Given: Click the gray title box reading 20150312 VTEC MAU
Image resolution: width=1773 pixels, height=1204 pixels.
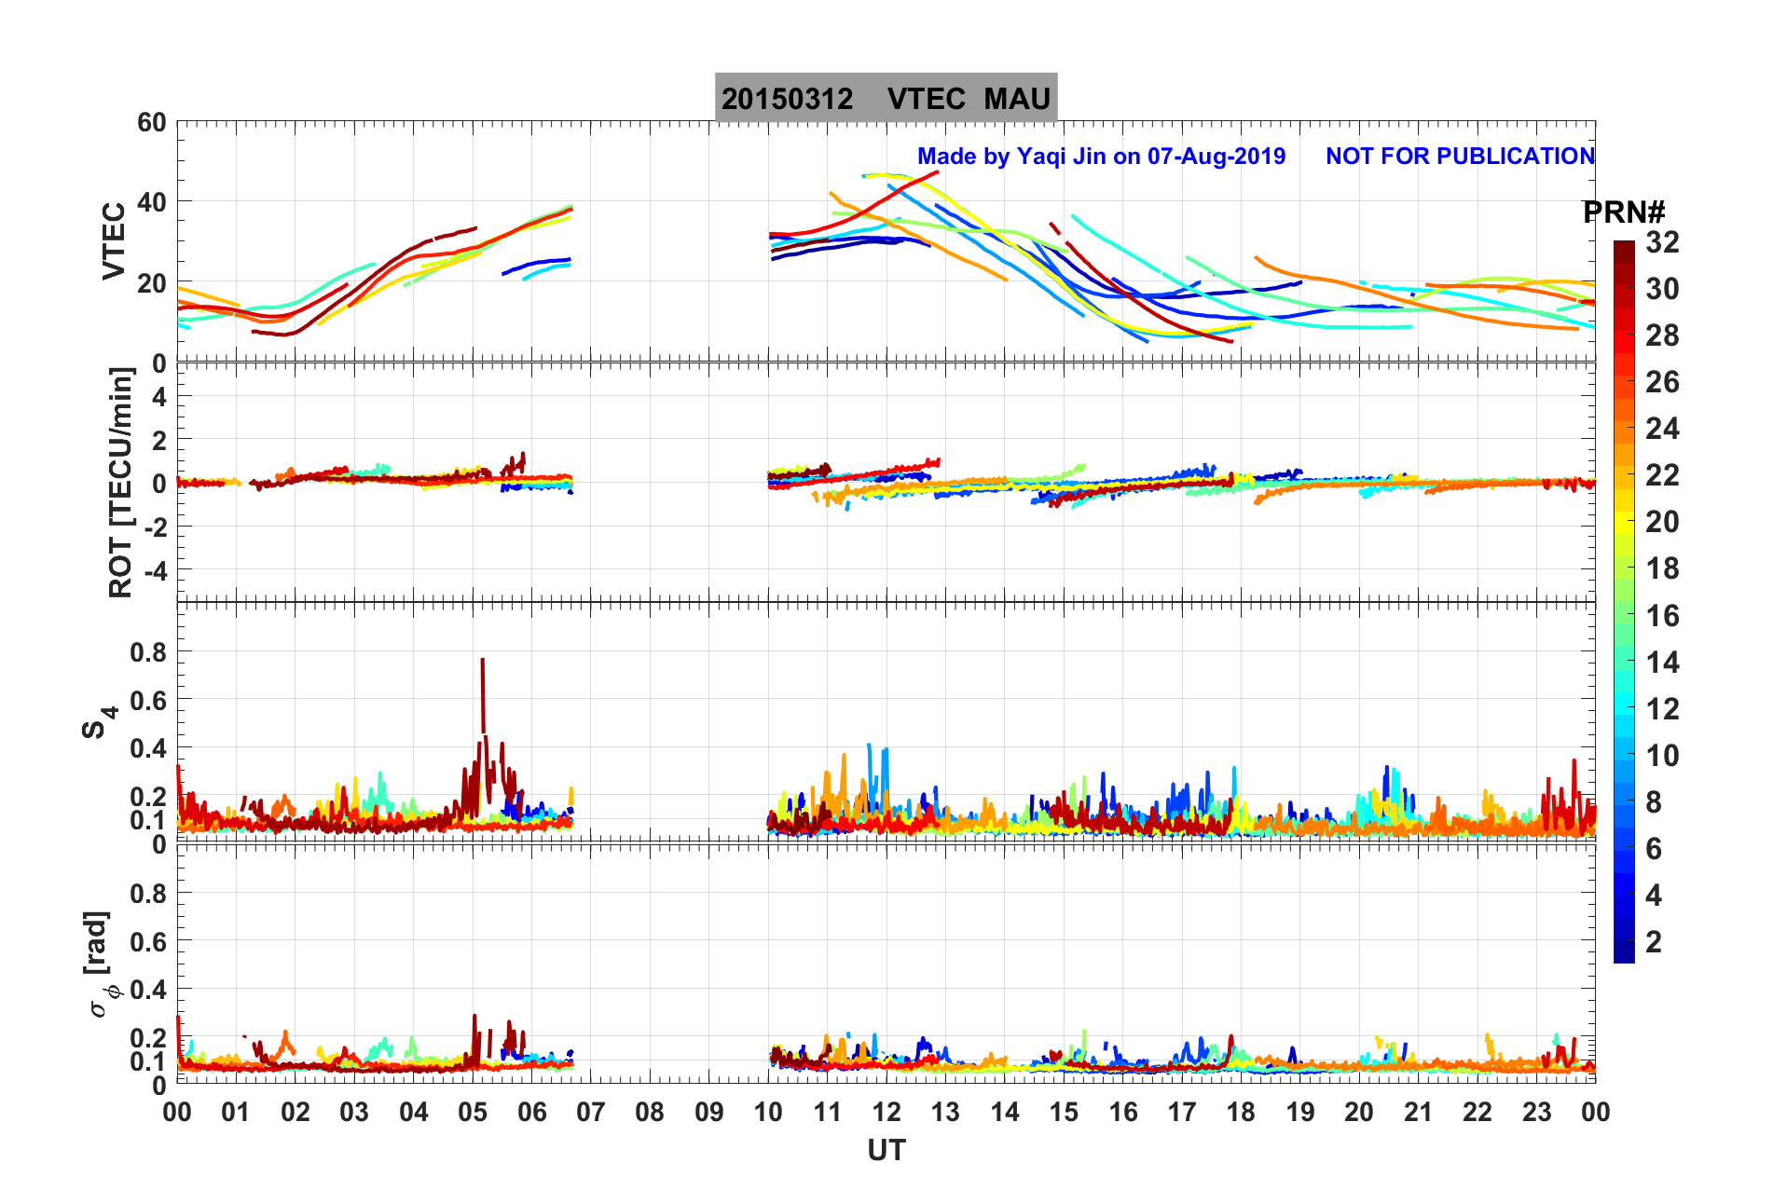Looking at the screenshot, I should [x=886, y=98].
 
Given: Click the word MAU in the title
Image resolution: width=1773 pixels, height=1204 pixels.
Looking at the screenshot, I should [x=1017, y=99].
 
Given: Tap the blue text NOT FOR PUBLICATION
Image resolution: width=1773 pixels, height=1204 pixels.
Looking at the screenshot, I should [x=1460, y=157].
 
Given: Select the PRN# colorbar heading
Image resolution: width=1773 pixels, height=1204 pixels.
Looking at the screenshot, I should [x=1624, y=212].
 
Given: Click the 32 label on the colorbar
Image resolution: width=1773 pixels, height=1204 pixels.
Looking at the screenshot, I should [x=1662, y=242].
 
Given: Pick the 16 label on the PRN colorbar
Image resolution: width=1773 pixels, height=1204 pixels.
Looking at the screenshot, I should [x=1662, y=616].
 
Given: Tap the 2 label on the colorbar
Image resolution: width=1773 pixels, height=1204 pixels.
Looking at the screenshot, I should [x=1654, y=942].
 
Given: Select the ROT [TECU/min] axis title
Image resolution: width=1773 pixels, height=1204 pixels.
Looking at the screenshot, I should [x=121, y=482].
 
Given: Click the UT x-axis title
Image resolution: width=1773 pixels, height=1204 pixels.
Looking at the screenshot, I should [x=886, y=1151].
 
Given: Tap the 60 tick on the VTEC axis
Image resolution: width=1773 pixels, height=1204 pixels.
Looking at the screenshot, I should [x=151, y=123].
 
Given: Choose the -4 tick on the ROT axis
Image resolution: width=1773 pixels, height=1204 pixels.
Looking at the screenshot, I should [x=152, y=570].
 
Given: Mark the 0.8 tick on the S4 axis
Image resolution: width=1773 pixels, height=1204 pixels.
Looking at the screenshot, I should [x=148, y=652].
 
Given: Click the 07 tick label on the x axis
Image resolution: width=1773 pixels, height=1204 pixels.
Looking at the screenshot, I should [x=591, y=1113].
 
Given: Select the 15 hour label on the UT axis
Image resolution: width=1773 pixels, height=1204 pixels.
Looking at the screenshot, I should [x=1064, y=1113].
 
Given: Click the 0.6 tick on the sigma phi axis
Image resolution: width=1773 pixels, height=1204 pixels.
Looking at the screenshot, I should [x=148, y=942].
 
